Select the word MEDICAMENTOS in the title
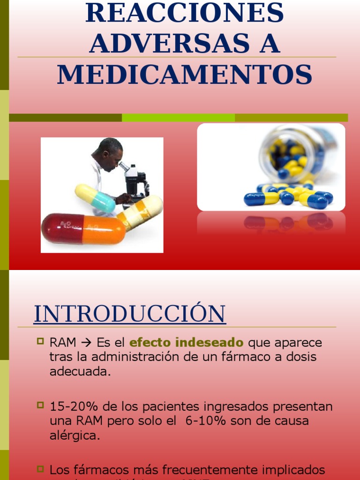(184, 75)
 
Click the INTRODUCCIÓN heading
(129, 314)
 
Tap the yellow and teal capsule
(95, 198)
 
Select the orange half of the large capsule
(104, 229)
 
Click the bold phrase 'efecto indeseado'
(187, 343)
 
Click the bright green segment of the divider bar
(178, 118)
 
